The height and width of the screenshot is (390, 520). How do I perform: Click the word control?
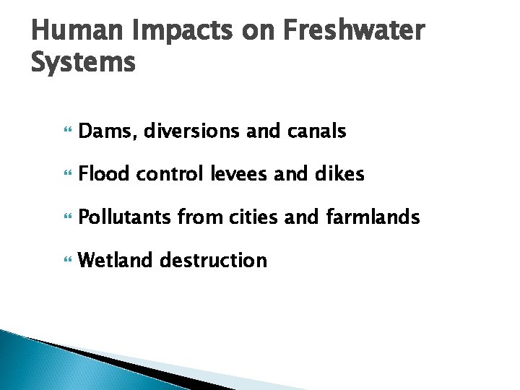point(165,174)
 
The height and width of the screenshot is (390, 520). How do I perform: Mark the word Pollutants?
point(124,217)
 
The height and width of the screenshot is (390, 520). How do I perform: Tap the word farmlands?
point(373,217)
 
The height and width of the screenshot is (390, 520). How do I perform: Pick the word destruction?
point(213,260)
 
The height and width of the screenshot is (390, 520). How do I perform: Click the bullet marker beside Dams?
point(69,132)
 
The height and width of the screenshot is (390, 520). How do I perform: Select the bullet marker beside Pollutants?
point(69,217)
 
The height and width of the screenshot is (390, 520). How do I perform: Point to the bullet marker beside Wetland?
point(69,261)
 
